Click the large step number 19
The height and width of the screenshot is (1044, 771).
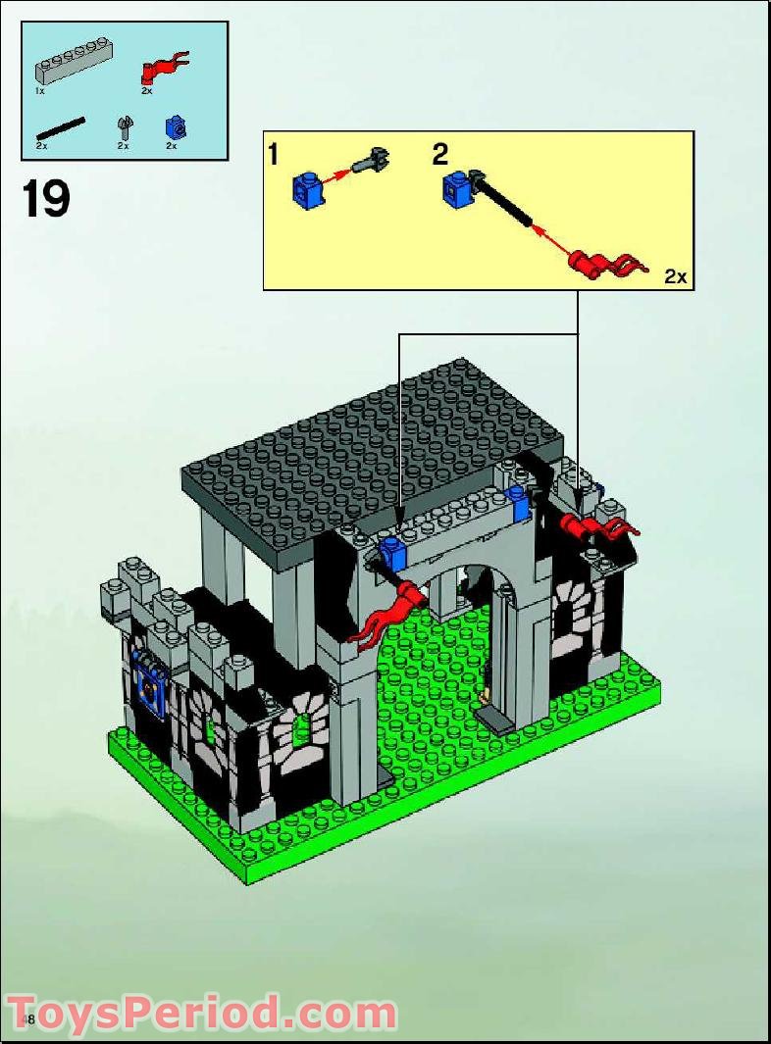[x=46, y=199]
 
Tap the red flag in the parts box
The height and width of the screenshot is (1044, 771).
[x=163, y=67]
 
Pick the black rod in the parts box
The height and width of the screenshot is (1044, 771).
[x=61, y=127]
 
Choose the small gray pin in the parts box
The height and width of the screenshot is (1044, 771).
[x=124, y=127]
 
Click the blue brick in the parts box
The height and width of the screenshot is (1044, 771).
[x=175, y=127]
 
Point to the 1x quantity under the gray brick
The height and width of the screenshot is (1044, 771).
[x=40, y=90]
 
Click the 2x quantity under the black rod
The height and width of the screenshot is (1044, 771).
[x=42, y=145]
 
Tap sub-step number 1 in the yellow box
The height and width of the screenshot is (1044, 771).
[x=274, y=154]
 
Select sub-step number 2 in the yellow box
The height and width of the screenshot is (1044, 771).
[x=440, y=154]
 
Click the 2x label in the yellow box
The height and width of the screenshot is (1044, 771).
[x=676, y=276]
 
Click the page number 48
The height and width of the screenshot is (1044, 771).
[x=28, y=1020]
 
